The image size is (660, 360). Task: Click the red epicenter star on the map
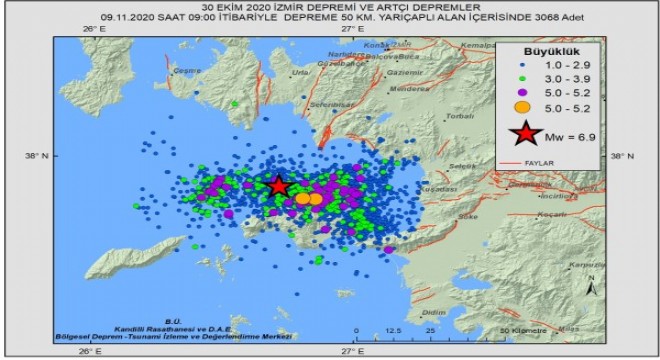(x=279, y=186)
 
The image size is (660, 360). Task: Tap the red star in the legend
(x=524, y=134)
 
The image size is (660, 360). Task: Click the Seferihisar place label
(x=328, y=104)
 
